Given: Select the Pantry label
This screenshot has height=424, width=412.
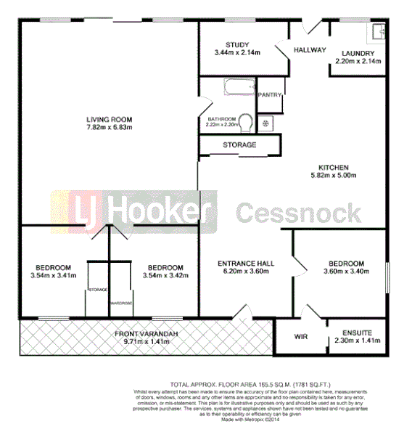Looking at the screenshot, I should pyautogui.click(x=270, y=94).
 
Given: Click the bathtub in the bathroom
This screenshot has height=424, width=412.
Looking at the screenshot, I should pyautogui.click(x=236, y=90).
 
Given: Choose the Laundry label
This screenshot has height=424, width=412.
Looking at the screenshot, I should pyautogui.click(x=355, y=53).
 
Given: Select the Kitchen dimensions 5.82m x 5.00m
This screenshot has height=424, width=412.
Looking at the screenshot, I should pyautogui.click(x=334, y=176).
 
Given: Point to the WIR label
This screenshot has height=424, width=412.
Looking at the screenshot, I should pyautogui.click(x=302, y=337).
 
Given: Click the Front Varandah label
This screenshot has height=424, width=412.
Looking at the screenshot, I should pyautogui.click(x=146, y=333).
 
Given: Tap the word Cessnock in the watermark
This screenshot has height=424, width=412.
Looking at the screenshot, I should pyautogui.click(x=298, y=213).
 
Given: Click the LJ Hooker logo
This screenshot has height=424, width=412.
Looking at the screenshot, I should pyautogui.click(x=133, y=211).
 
